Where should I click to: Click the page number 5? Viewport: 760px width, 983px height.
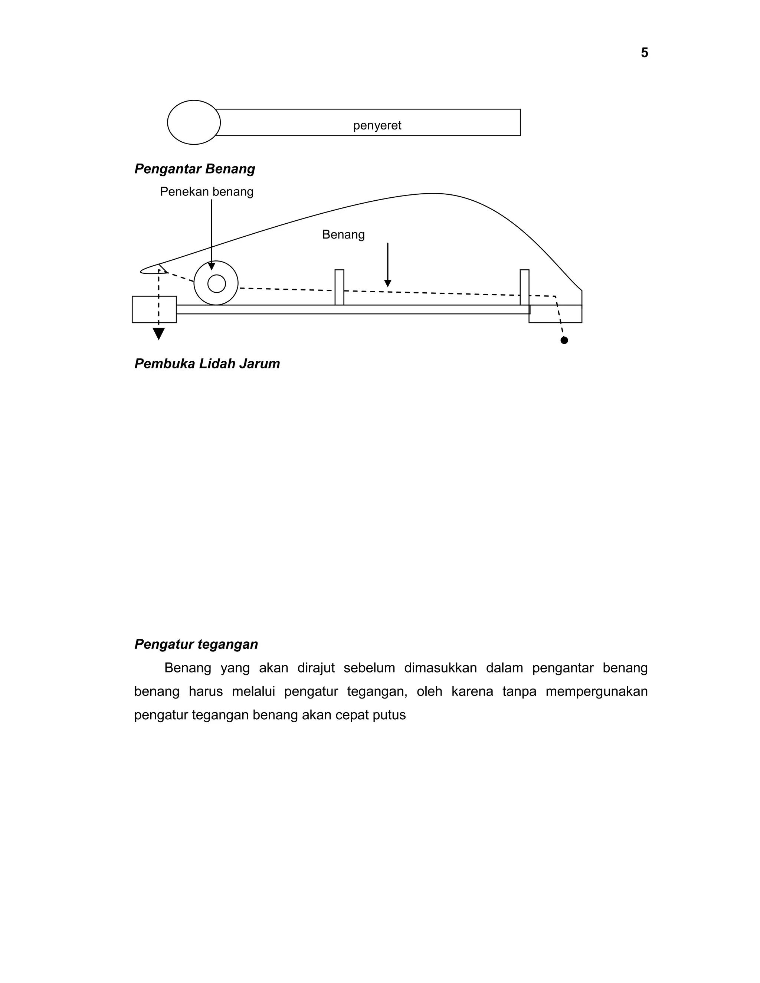[x=644, y=53]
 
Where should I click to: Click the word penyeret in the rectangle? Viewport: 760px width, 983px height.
[x=377, y=126]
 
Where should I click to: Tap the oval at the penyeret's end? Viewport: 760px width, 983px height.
[x=194, y=122]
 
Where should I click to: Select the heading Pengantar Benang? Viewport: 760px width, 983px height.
[x=194, y=169]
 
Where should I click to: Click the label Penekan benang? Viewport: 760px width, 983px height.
[x=207, y=192]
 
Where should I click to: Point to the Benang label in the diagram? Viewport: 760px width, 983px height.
[x=343, y=234]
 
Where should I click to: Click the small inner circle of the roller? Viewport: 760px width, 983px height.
[x=217, y=283]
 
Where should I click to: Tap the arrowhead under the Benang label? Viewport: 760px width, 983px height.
[x=388, y=283]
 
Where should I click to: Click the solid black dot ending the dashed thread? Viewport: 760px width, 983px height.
[x=564, y=340]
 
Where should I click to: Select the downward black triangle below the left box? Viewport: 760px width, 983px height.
[x=158, y=333]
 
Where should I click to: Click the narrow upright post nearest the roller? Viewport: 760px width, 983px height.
[x=340, y=287]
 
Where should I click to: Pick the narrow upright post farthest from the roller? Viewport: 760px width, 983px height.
[x=524, y=287]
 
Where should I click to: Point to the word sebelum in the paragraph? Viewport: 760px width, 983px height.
[x=369, y=668]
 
